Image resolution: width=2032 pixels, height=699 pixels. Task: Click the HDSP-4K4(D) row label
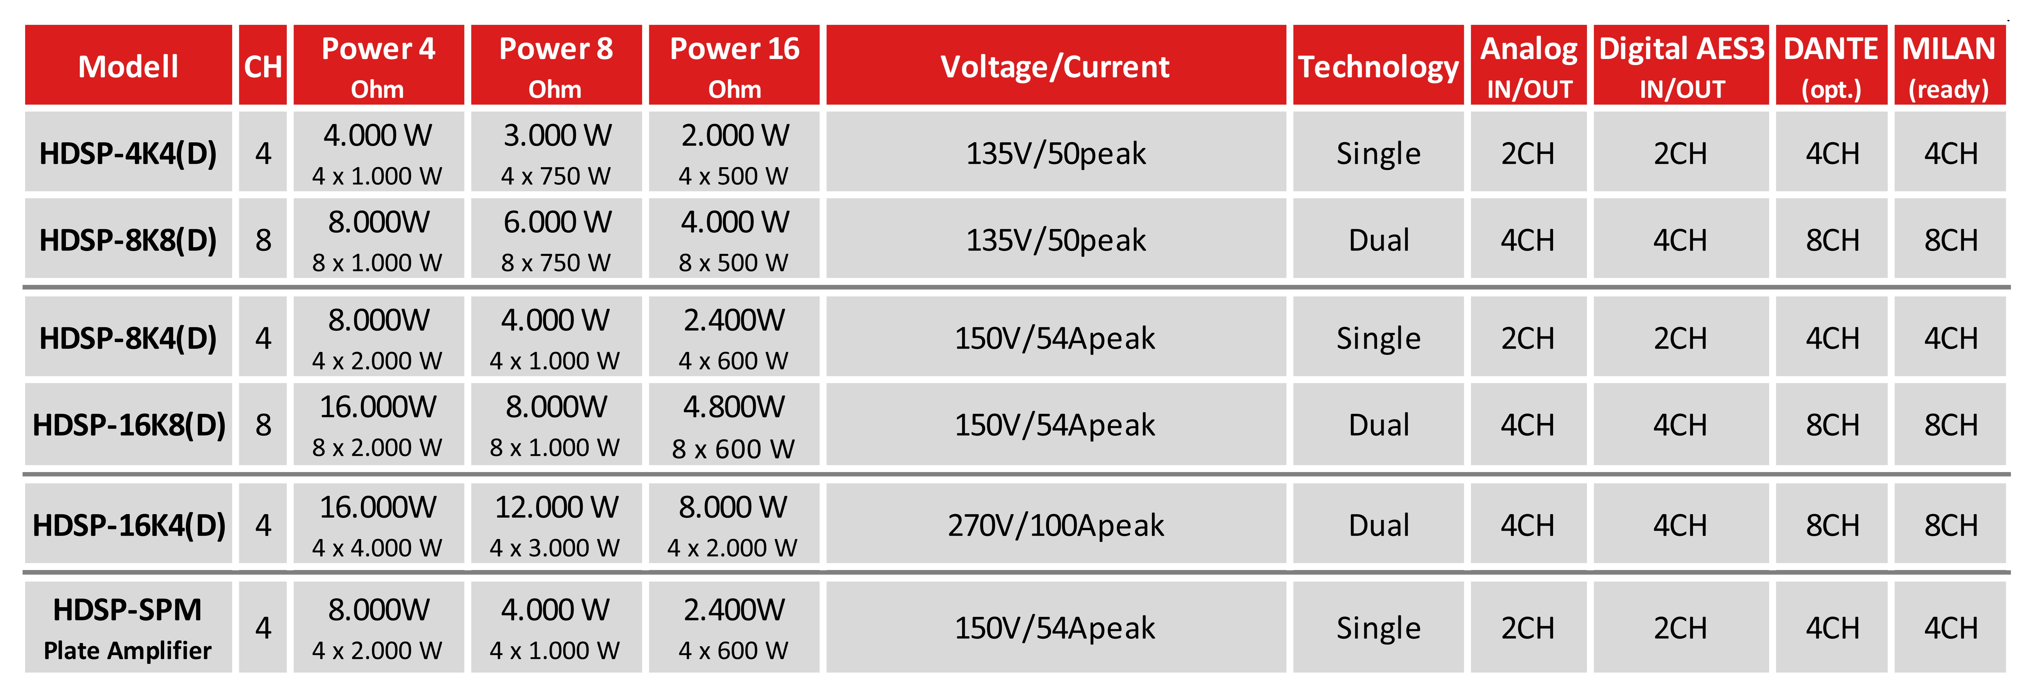(x=129, y=152)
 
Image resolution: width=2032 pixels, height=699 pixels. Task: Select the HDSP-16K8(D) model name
(x=129, y=424)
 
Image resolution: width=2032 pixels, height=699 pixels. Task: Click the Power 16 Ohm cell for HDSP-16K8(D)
(x=734, y=424)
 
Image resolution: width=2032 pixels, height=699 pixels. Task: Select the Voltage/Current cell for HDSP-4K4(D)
(x=1056, y=152)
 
